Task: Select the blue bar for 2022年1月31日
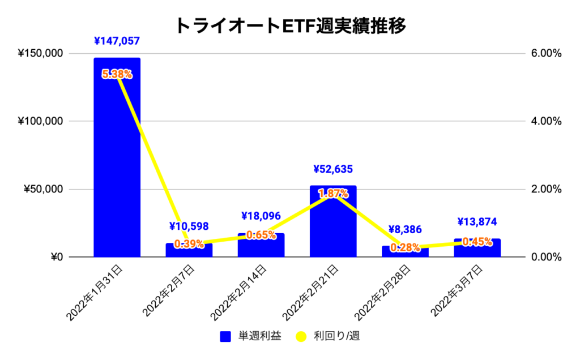pos(117,158)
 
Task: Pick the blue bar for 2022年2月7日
pos(189,251)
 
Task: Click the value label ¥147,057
pos(117,41)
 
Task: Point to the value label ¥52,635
pos(333,169)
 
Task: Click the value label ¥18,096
pos(261,216)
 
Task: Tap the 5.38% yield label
pos(117,74)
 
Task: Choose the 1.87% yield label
pos(333,194)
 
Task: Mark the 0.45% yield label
pos(477,242)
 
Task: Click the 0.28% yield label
pos(405,247)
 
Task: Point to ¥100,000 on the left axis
pos(40,121)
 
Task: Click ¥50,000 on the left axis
pos(42,189)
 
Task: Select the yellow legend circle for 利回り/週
pos(301,337)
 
